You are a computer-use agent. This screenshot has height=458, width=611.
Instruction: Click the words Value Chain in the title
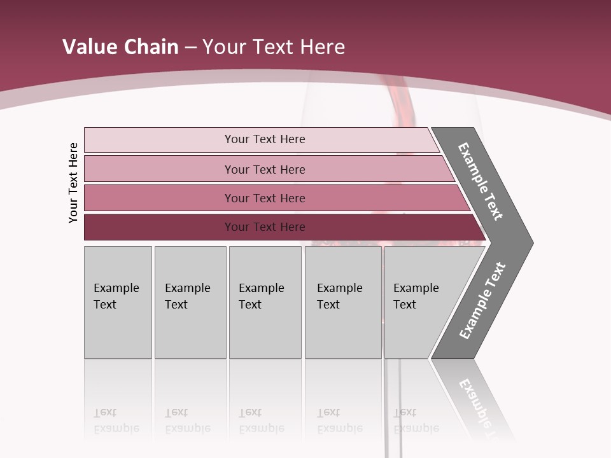pos(120,47)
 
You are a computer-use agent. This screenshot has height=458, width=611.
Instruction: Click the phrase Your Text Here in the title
pos(274,47)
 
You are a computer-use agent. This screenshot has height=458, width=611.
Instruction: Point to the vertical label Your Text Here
pos(73,183)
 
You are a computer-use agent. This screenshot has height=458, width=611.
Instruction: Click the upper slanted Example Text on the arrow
pos(481,181)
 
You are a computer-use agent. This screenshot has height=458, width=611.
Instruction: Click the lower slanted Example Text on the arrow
pos(482,301)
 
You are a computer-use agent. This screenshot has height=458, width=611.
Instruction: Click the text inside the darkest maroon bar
pos(265,227)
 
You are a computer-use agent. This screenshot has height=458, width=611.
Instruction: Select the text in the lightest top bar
pos(265,139)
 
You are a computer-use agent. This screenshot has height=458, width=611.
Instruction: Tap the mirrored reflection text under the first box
pos(116,421)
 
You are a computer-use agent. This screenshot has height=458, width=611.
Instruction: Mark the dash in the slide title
pos(190,48)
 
